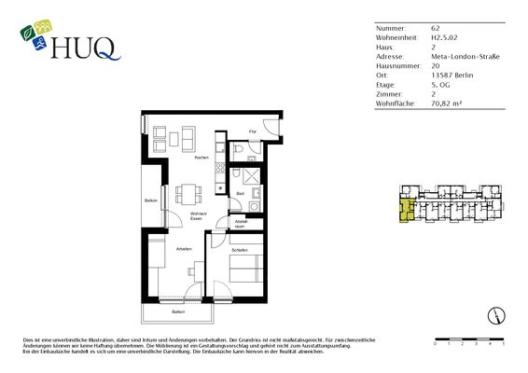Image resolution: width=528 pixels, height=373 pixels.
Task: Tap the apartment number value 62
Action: point(435,29)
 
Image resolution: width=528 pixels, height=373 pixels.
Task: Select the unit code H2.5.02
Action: point(444,38)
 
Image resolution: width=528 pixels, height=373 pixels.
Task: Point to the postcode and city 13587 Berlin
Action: point(452,76)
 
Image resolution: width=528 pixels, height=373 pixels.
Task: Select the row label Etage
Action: point(385,85)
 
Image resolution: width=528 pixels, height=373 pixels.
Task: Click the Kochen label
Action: point(201,158)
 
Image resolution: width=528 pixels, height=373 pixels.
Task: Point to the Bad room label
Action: point(240,193)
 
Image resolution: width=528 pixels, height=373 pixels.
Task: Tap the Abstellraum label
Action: point(240,224)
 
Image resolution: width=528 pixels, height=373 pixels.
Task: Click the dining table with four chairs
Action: point(185,195)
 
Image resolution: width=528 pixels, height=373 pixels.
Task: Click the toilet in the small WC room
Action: point(240,149)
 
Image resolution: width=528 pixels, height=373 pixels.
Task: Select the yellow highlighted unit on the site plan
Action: point(405,211)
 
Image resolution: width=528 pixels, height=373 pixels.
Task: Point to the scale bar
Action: point(468,338)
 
